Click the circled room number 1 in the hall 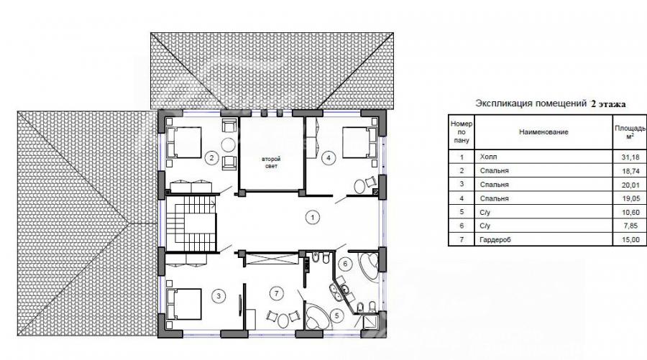313,217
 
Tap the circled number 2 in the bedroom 211,157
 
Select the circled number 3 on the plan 219,295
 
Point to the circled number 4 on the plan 329,157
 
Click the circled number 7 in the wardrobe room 277,294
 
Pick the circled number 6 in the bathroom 345,264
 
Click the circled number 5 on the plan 337,316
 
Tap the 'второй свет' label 271,162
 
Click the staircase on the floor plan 191,223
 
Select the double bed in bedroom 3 184,305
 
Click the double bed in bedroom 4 360,142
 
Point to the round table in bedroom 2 228,144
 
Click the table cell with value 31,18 630,157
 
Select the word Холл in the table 489,157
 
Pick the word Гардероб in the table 495,239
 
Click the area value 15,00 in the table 630,239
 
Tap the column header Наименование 543,132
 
